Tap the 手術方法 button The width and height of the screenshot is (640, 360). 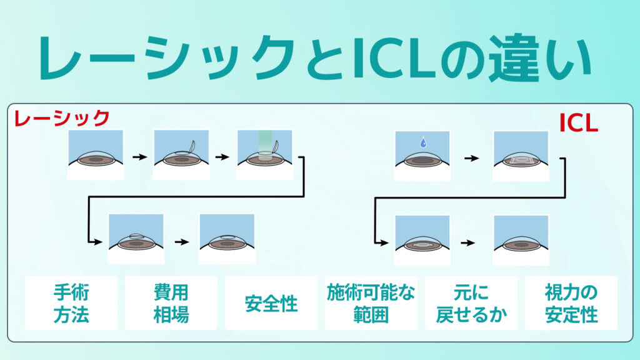71,303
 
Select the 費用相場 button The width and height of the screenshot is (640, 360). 171,303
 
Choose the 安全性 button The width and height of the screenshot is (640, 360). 271,303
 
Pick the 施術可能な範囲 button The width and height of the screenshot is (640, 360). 371,303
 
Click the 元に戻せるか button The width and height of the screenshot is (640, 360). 471,303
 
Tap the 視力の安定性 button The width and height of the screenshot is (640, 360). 571,303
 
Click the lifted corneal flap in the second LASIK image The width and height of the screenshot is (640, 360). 189,147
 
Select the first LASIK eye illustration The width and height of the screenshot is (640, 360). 95,155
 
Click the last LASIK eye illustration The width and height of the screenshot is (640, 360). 226,239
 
